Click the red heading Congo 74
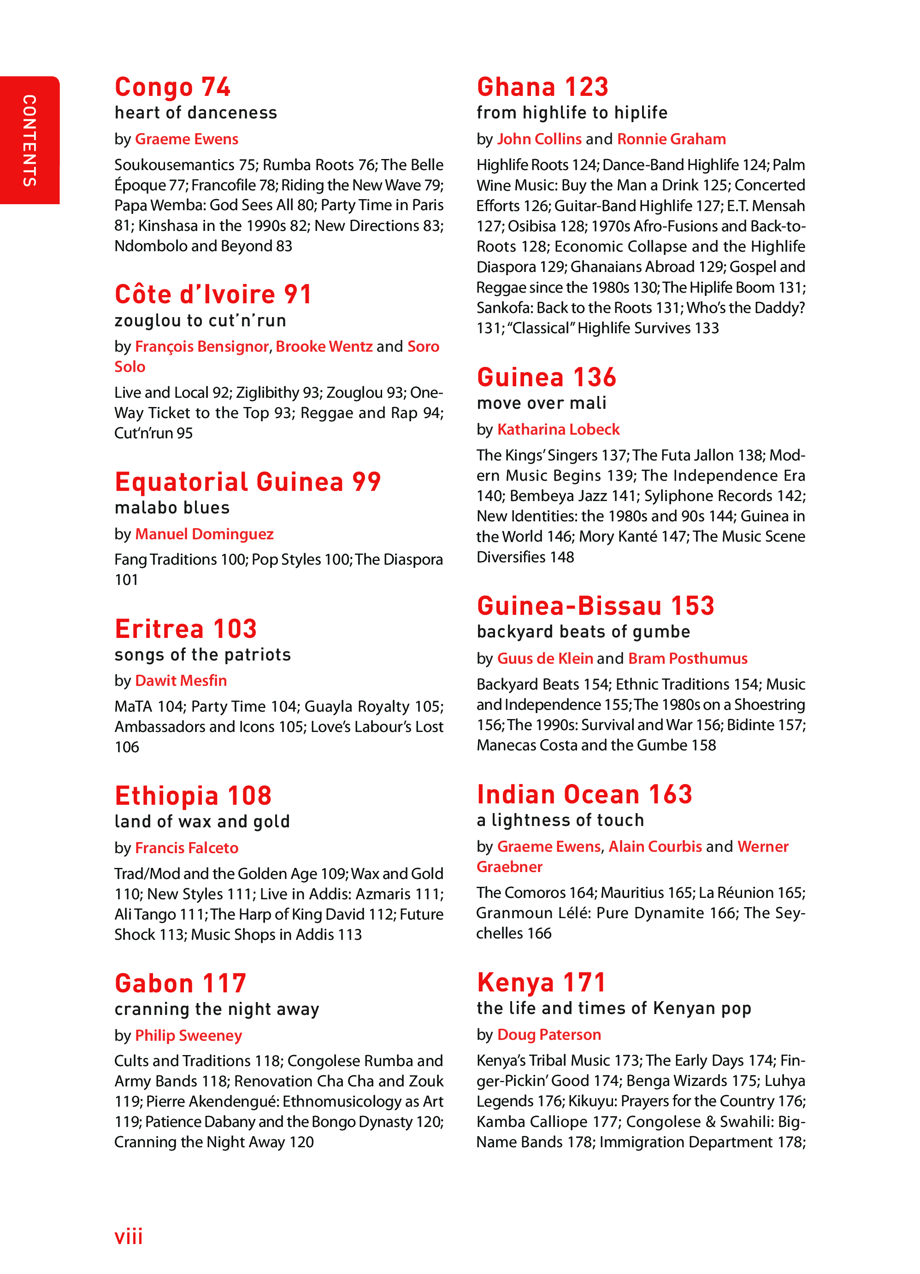pyautogui.click(x=172, y=87)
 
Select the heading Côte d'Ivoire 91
pyautogui.click(x=213, y=295)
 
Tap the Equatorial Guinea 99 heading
pyautogui.click(x=248, y=482)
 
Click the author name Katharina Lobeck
pyautogui.click(x=558, y=429)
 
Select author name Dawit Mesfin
pyautogui.click(x=181, y=680)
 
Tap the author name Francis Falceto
pyautogui.click(x=187, y=848)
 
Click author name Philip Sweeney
pyautogui.click(x=188, y=1035)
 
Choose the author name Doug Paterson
pyautogui.click(x=549, y=1035)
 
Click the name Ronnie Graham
pyautogui.click(x=671, y=139)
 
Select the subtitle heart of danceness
pyautogui.click(x=195, y=113)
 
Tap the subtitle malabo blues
pyautogui.click(x=172, y=508)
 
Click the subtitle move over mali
pyautogui.click(x=542, y=403)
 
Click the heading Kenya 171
pyautogui.click(x=541, y=982)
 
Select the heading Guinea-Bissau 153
pyautogui.click(x=596, y=606)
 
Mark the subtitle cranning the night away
pyautogui.click(x=217, y=1009)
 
